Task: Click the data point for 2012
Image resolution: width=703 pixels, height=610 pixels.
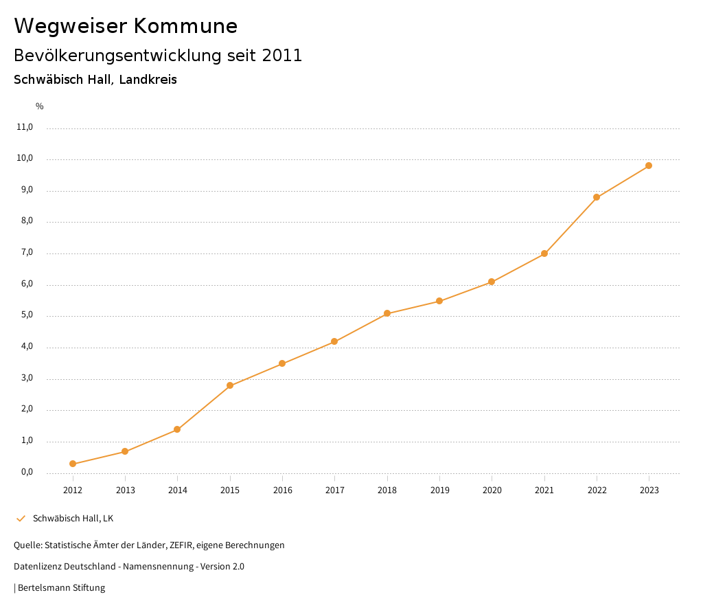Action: (x=73, y=464)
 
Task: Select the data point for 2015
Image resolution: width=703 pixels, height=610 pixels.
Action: (x=230, y=385)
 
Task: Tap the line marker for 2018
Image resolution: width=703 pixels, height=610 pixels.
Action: (x=387, y=313)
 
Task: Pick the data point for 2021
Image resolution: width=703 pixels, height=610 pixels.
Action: (x=544, y=253)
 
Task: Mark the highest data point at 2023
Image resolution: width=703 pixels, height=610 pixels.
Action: (x=649, y=166)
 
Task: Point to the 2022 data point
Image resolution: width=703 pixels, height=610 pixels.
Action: (x=597, y=197)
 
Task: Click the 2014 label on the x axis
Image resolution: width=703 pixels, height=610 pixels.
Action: (x=177, y=490)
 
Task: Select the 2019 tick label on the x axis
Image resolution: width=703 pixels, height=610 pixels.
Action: (x=439, y=490)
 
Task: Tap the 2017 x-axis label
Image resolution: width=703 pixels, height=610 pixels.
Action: (x=334, y=490)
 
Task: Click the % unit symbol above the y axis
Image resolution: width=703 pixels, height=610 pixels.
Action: (x=40, y=106)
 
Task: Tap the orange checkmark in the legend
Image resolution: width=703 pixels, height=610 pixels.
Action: (x=21, y=519)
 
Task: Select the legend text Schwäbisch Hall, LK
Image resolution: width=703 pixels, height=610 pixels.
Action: (x=73, y=519)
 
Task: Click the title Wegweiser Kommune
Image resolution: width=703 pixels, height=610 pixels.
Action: (x=126, y=26)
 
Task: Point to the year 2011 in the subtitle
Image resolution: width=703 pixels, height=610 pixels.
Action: (x=282, y=56)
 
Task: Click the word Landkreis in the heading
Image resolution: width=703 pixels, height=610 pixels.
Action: (x=148, y=80)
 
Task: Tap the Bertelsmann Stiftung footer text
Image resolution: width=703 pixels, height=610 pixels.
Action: (x=61, y=588)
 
